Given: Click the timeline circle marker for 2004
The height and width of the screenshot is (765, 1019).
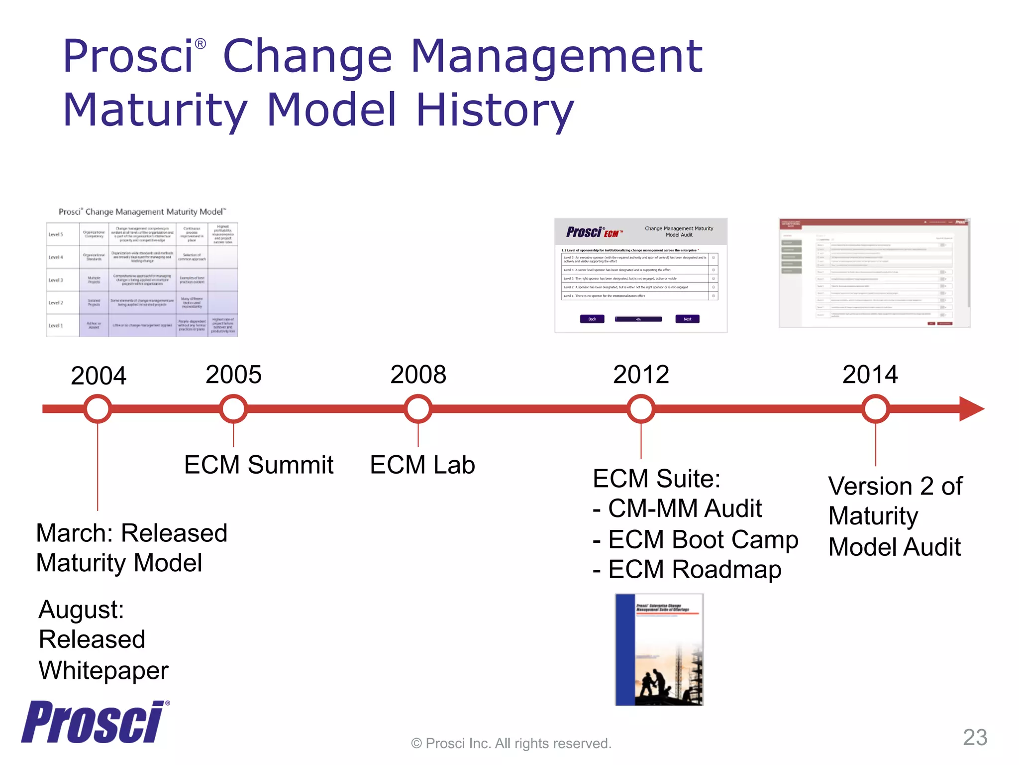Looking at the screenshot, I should (x=98, y=409).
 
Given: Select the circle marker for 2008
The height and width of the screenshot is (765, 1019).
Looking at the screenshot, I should (x=418, y=409).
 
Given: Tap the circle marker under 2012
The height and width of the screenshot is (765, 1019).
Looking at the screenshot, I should (x=641, y=409).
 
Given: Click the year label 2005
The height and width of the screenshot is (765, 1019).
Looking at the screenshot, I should (x=233, y=375).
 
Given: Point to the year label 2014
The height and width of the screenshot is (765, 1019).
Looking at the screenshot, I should (x=870, y=375).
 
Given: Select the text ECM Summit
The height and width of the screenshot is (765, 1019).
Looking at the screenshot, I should (x=259, y=465).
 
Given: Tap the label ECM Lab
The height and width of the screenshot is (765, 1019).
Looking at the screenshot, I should (x=422, y=465).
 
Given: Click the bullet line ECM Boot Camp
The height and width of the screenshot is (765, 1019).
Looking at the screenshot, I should (x=696, y=540).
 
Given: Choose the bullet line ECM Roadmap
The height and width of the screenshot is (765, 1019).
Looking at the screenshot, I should (x=688, y=570).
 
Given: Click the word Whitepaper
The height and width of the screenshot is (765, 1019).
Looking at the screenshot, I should (x=104, y=670).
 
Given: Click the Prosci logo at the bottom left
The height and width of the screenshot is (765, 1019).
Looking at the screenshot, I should (x=94, y=722).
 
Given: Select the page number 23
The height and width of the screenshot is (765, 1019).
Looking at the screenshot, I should (x=975, y=737).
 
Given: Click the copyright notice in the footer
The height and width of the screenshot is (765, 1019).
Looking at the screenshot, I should (x=511, y=744).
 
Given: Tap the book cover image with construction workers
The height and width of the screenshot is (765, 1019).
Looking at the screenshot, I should (x=659, y=649).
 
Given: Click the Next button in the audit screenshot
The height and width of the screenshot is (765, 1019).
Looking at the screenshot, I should (x=687, y=319).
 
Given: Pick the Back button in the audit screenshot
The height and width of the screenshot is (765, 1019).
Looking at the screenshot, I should (x=592, y=319).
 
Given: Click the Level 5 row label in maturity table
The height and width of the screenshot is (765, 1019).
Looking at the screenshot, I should (x=56, y=234).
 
